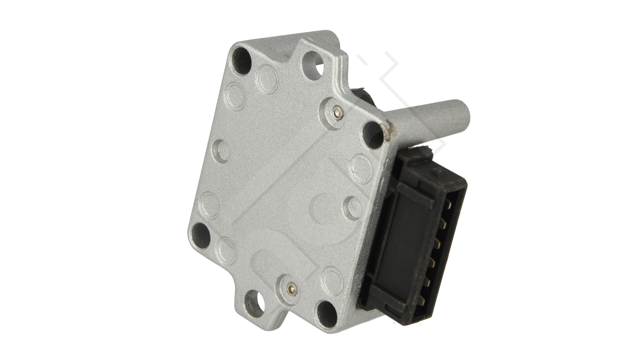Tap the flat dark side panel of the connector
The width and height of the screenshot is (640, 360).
pyautogui.click(x=408, y=247)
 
